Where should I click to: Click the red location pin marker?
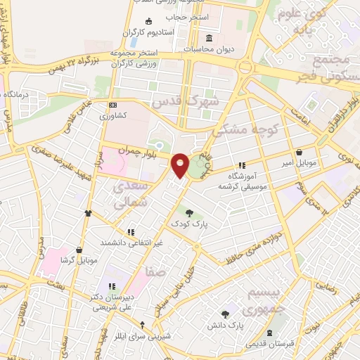pos(181,165)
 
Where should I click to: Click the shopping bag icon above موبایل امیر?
pos(300,152)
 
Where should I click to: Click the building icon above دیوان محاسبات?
pos(209,38)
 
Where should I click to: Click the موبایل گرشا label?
pos(77,260)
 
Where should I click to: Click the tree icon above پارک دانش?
pos(225,314)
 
